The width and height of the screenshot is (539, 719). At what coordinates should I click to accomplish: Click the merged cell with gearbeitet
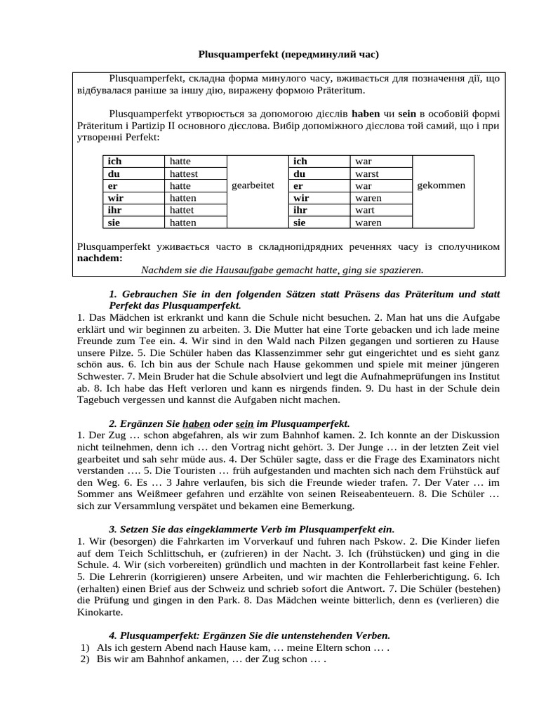pyautogui.click(x=252, y=185)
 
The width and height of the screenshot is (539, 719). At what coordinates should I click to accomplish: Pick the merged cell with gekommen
pyautogui.click(x=441, y=185)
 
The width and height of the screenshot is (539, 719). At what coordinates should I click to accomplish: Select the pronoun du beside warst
pyautogui.click(x=300, y=173)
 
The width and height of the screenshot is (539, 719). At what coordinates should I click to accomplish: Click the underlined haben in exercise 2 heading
pyautogui.click(x=197, y=424)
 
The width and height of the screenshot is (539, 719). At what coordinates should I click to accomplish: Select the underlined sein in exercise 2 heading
pyautogui.click(x=244, y=424)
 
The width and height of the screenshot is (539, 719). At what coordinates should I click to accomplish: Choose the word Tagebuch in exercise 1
pyautogui.click(x=97, y=400)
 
